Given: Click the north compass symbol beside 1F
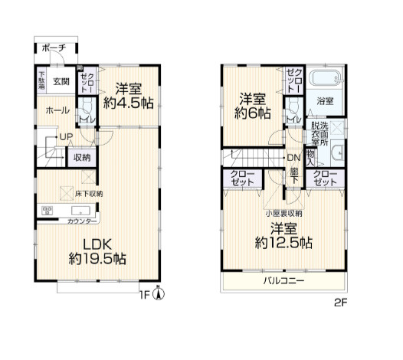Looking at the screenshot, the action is (159, 293).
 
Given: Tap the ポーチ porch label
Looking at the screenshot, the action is (54, 48).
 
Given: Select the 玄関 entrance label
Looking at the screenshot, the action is (61, 82).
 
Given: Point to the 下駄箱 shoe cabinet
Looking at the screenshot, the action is (41, 80).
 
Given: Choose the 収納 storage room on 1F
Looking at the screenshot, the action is (82, 157).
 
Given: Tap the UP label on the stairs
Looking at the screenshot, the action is (66, 137).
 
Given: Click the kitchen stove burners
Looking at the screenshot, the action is (48, 211).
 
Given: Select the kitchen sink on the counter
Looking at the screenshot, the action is (80, 211).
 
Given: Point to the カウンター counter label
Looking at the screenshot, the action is (82, 221).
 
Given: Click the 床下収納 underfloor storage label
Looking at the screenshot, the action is (89, 194).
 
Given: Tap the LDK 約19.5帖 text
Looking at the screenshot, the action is (97, 251).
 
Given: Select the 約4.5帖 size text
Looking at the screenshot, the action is (128, 103).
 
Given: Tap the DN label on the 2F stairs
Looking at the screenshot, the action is (293, 158).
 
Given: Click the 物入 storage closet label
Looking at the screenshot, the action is (310, 158).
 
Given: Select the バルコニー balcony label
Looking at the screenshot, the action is (283, 280).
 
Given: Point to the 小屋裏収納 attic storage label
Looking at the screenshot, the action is (283, 213).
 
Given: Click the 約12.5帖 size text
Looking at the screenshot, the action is (283, 243).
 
